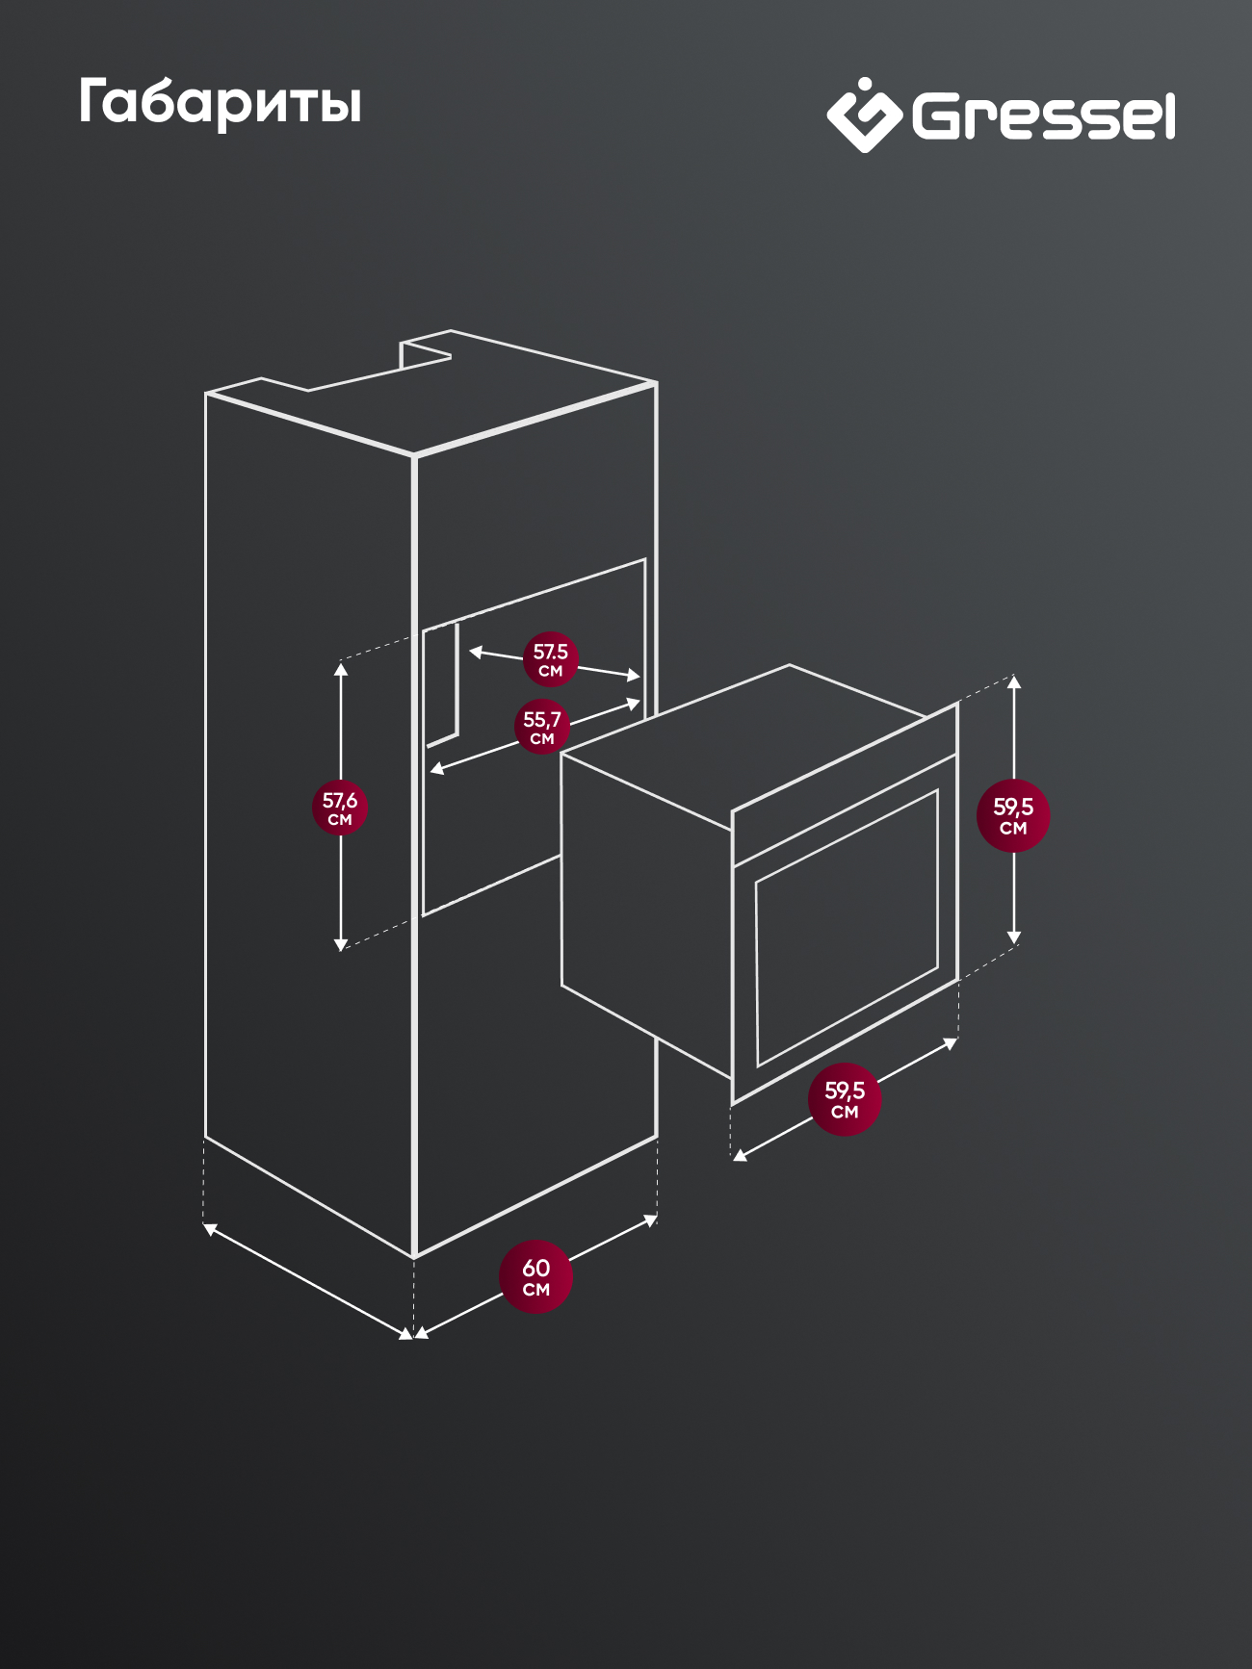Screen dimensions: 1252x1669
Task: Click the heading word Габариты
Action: click(x=220, y=102)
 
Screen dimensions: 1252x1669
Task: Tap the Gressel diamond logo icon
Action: click(x=864, y=116)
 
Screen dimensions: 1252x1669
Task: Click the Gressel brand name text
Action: click(x=1044, y=116)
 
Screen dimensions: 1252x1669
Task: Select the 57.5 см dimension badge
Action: click(x=551, y=659)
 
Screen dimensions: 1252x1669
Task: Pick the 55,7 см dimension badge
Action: click(x=542, y=727)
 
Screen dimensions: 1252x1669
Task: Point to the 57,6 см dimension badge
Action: click(x=340, y=808)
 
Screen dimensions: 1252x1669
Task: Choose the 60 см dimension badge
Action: click(x=535, y=1277)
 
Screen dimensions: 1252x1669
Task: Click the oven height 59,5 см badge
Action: click(x=1013, y=815)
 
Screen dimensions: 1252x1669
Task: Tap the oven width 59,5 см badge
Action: click(x=845, y=1099)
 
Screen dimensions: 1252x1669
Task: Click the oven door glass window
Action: click(x=847, y=928)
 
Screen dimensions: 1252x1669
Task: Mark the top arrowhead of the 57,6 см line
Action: click(x=340, y=668)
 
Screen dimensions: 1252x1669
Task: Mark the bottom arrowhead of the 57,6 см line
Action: click(x=340, y=945)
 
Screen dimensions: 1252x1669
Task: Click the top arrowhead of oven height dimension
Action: click(x=1013, y=681)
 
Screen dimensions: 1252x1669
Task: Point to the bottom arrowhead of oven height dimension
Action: click(x=1013, y=937)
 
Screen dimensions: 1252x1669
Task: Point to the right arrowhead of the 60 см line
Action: click(x=651, y=1220)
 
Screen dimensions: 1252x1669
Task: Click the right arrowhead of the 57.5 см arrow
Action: click(x=634, y=677)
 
